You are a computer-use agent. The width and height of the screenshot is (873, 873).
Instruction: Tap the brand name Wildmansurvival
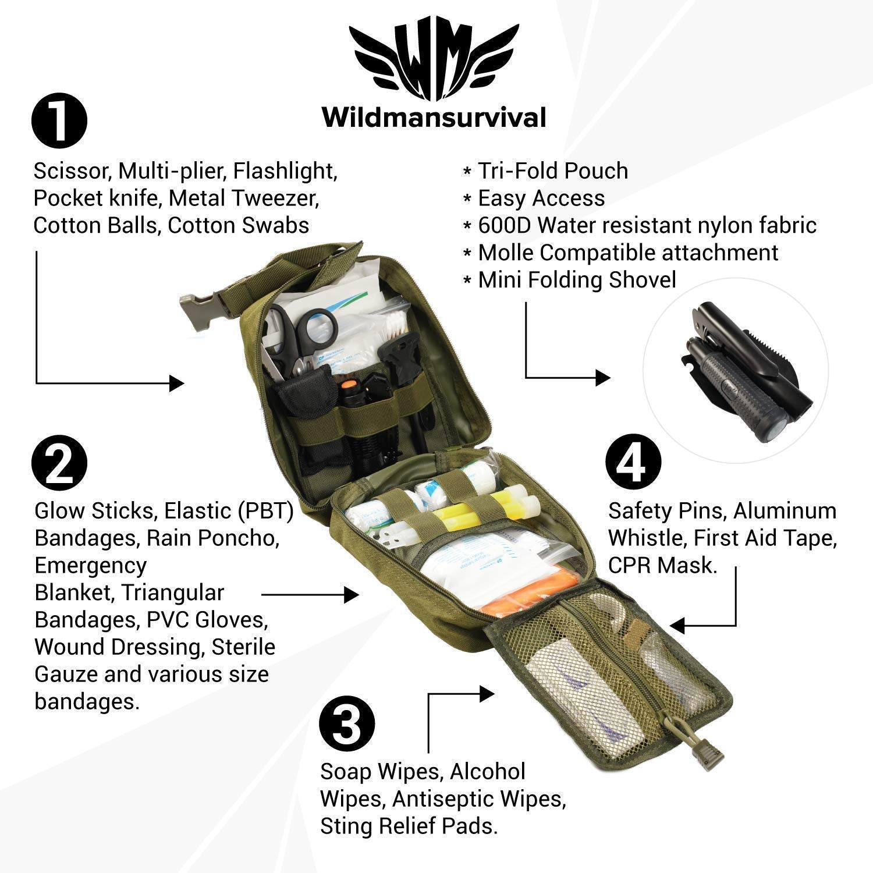pyautogui.click(x=434, y=118)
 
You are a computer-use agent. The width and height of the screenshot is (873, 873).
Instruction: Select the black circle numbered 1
pyautogui.click(x=59, y=122)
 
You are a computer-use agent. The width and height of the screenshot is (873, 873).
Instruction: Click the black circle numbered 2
pyautogui.click(x=59, y=464)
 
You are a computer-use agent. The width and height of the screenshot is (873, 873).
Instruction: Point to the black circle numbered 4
pyautogui.click(x=634, y=464)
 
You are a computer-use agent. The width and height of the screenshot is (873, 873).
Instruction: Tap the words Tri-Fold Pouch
pyautogui.click(x=553, y=171)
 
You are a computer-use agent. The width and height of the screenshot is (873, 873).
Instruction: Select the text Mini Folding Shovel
pyautogui.click(x=577, y=280)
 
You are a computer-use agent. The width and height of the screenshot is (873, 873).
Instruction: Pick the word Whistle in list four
pyautogui.click(x=647, y=538)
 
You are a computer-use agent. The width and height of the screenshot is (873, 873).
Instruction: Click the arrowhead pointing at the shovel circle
pyautogui.click(x=603, y=378)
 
